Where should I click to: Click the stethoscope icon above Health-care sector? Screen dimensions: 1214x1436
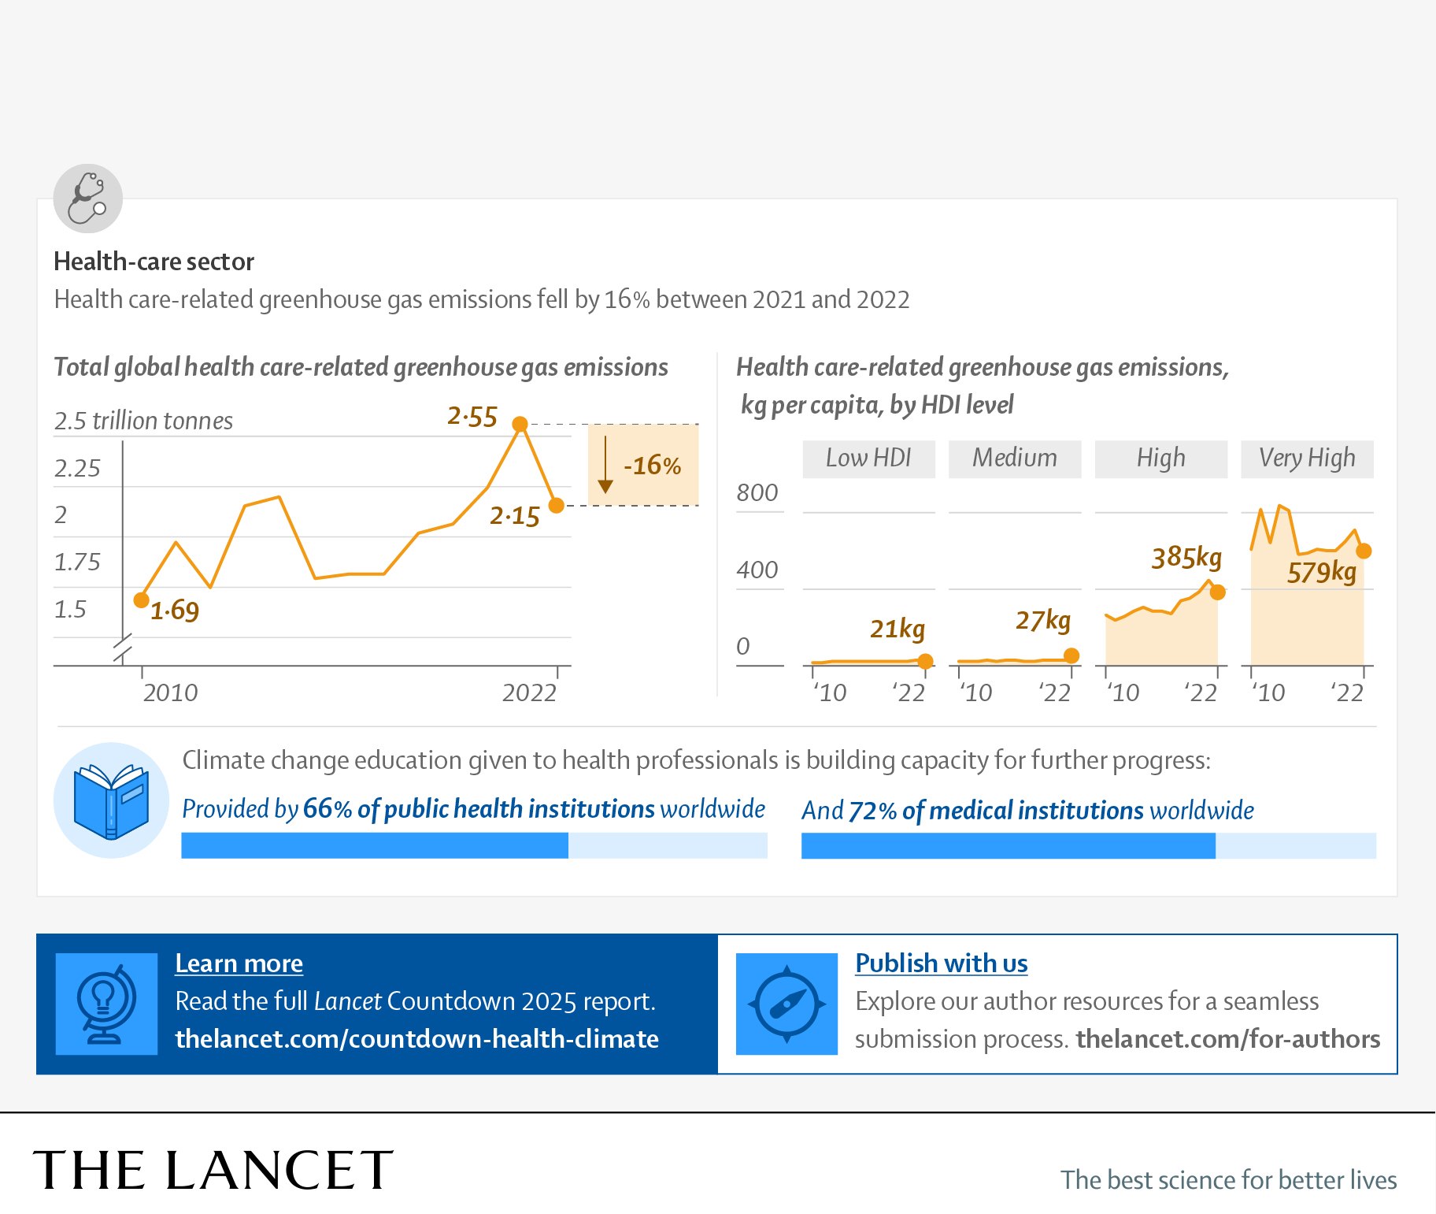[87, 199]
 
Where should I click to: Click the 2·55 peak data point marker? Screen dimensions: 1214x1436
[520, 425]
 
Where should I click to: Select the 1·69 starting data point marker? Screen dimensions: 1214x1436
[142, 600]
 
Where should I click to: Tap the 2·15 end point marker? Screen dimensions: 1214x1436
[557, 505]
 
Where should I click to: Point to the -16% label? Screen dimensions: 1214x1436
[652, 466]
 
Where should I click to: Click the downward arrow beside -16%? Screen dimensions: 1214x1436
[605, 465]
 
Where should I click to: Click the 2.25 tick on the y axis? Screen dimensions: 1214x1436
[77, 469]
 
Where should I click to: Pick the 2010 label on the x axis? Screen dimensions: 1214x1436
[170, 692]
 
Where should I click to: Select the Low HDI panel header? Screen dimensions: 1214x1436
[868, 458]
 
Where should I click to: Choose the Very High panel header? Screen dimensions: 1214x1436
[1307, 458]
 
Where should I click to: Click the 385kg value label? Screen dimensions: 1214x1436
[1186, 558]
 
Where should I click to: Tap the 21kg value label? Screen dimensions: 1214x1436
[897, 629]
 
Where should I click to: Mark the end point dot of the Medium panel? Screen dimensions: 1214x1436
[1071, 655]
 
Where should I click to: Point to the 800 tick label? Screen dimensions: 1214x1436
[757, 493]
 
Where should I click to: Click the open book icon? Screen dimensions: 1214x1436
[111, 800]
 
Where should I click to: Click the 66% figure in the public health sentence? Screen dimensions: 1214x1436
[327, 809]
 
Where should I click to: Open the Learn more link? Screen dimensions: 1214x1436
[239, 963]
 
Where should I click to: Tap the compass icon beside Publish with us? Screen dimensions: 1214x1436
[786, 1004]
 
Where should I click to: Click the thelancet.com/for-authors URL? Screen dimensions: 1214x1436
[1227, 1039]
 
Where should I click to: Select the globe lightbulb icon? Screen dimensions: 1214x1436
[106, 1004]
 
